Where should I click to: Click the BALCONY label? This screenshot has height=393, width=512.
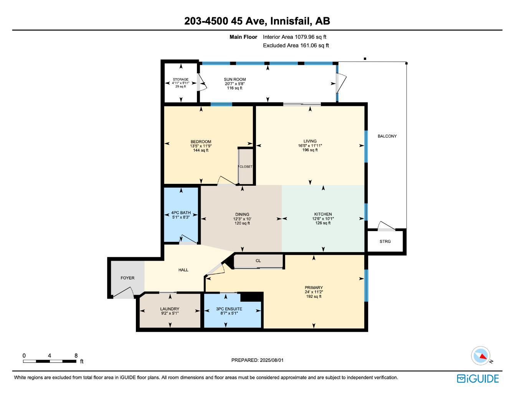(x=387, y=136)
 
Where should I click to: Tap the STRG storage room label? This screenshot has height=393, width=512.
(x=385, y=241)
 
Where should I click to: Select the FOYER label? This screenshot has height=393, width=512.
(x=127, y=278)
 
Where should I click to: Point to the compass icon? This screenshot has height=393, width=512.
(x=481, y=356)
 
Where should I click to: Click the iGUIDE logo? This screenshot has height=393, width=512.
(x=478, y=379)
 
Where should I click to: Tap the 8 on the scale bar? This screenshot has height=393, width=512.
(x=76, y=355)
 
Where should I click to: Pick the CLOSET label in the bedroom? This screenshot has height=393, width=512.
(x=246, y=167)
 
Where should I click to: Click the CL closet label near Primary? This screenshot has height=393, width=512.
(x=258, y=261)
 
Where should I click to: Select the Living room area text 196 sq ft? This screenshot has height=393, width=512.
(x=310, y=150)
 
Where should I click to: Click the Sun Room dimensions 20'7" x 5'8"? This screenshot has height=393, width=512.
(x=235, y=84)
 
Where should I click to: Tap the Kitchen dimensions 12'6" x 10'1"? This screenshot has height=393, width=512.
(x=323, y=219)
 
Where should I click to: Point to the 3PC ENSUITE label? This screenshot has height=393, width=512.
(x=229, y=309)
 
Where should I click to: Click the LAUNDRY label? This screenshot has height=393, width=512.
(x=170, y=309)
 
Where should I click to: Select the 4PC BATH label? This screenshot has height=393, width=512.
(x=181, y=213)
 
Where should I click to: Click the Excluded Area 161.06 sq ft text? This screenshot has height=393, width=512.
(x=296, y=45)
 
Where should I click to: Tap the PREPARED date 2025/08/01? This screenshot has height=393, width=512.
(x=271, y=360)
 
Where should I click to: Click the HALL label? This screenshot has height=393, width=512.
(x=183, y=270)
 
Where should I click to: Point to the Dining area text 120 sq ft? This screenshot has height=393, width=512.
(x=242, y=223)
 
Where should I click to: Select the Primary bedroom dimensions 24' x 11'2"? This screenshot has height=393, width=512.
(x=314, y=292)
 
